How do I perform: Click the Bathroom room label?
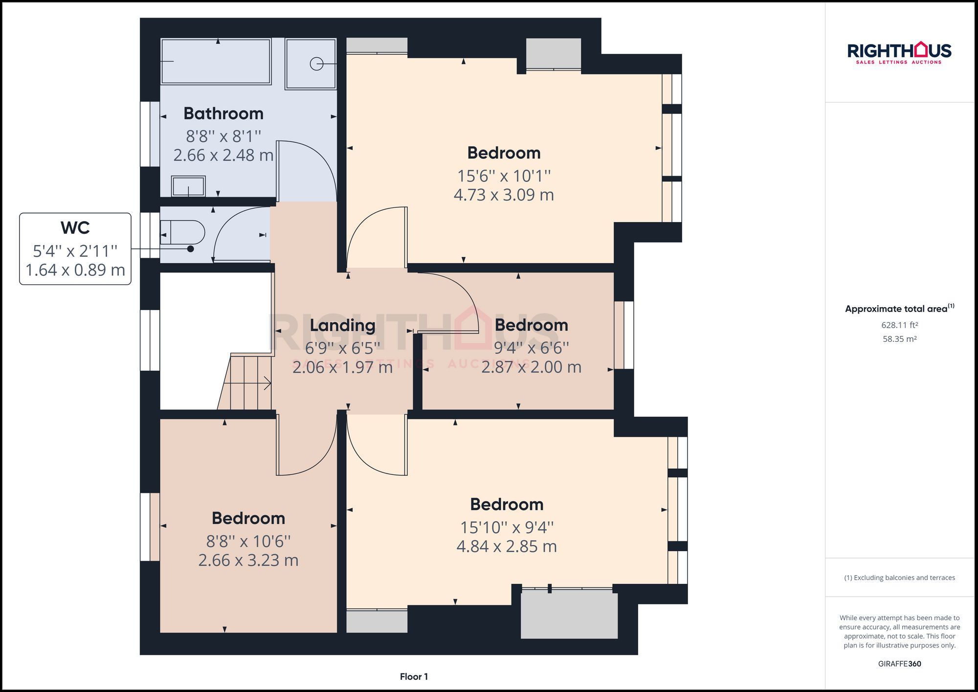[x=223, y=113]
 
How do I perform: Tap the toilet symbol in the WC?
[x=183, y=232]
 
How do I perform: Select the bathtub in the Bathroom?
[x=216, y=62]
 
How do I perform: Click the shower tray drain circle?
[x=316, y=64]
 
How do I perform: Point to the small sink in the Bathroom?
[x=188, y=186]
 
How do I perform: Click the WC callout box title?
[x=75, y=228]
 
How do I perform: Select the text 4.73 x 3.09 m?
[x=504, y=195]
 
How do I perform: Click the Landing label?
[x=342, y=325]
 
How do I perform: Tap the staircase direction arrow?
[x=267, y=383]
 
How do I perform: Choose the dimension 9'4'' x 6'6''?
[x=532, y=348]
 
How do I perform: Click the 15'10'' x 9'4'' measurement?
[x=507, y=527]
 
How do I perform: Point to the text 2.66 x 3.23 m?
[x=248, y=560]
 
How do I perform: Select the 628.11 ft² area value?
[x=899, y=325]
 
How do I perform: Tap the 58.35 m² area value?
[x=899, y=339]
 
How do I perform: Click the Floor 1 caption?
[x=414, y=676]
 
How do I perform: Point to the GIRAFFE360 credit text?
[x=899, y=664]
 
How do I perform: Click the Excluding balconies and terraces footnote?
[x=899, y=578]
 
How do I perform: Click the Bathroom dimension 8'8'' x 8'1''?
[x=223, y=136]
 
